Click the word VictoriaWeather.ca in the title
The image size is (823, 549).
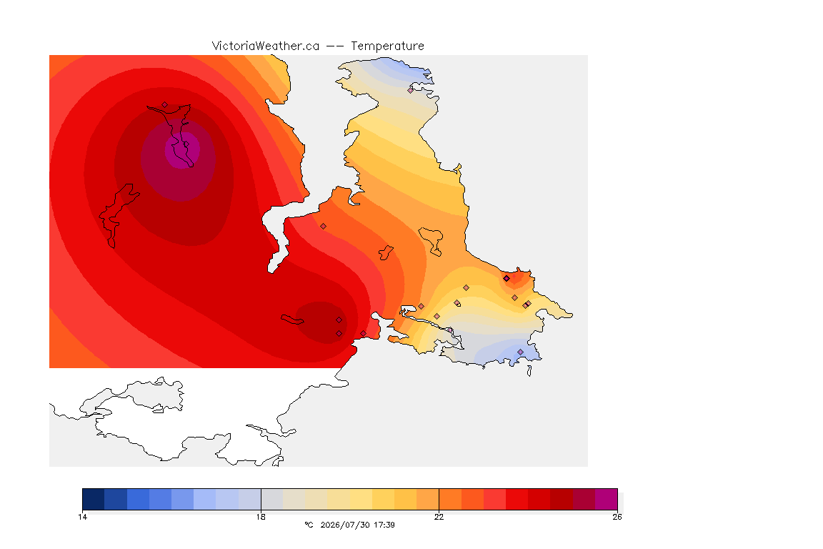(266, 46)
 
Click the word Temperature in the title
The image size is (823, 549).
(387, 46)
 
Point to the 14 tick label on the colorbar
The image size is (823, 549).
(82, 517)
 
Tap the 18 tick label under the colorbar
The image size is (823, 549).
(261, 517)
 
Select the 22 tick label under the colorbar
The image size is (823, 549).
(439, 517)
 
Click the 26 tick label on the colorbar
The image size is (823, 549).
(617, 517)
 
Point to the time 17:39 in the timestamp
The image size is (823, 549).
(384, 525)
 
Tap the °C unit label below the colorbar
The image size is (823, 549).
(309, 525)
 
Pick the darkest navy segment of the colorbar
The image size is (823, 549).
(94, 499)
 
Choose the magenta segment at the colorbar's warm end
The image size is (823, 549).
(607, 499)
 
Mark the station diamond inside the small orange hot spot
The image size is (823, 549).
(507, 279)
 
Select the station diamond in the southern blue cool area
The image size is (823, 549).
(521, 352)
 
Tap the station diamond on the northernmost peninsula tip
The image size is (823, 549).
(411, 90)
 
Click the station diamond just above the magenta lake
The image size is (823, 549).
(165, 105)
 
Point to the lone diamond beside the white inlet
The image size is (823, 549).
(324, 227)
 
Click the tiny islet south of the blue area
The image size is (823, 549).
(529, 371)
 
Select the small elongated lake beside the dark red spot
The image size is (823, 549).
(292, 320)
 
